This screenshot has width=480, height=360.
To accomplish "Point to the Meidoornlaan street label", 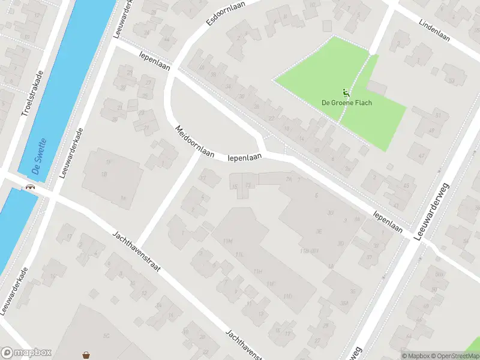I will (x=195, y=142).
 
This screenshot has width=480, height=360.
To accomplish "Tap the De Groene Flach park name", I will (x=347, y=103).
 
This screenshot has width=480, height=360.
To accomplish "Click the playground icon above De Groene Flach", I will (x=346, y=93).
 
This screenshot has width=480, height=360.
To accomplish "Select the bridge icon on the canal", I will (x=29, y=187).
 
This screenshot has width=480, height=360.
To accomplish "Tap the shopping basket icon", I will (x=88, y=355).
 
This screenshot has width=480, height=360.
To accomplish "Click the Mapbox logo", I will (x=26, y=353).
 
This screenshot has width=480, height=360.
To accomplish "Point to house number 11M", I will (x=227, y=241).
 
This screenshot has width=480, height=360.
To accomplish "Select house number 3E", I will (x=320, y=230).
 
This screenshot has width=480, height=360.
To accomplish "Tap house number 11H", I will (x=258, y=271).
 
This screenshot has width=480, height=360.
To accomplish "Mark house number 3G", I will (x=330, y=212).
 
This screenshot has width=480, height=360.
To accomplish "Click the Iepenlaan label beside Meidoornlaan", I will (x=245, y=158).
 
